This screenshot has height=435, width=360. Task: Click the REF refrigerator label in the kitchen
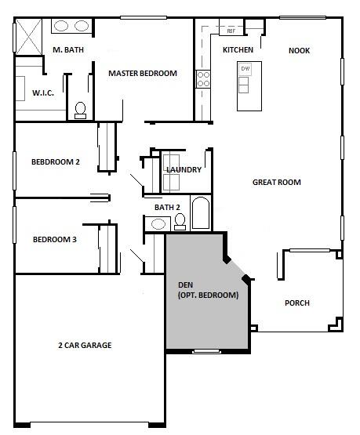[x=231, y=31]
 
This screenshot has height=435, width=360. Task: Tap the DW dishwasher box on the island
[x=245, y=68]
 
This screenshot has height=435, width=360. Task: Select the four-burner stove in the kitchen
[x=203, y=79]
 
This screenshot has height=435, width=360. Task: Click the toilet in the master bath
[x=81, y=111]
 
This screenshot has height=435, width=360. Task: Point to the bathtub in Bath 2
[x=201, y=212]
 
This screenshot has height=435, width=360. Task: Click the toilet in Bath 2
[x=180, y=222]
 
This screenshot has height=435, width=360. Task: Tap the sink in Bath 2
[x=158, y=224]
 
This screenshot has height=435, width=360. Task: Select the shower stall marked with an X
[x=28, y=37]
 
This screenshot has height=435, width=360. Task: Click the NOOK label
[x=299, y=50]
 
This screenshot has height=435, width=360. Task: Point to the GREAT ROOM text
[x=277, y=183]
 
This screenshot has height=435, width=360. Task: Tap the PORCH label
[x=297, y=303]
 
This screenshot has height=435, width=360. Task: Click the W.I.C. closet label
[x=43, y=92]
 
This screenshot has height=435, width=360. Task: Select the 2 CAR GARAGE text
[x=85, y=345]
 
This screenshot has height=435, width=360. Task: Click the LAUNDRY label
[x=184, y=169]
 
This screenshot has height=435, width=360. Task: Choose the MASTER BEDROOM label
[x=143, y=73]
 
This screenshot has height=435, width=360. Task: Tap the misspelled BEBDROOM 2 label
[x=56, y=161]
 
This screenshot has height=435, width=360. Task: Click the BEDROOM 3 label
[x=55, y=239]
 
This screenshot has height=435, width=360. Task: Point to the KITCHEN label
[x=238, y=50]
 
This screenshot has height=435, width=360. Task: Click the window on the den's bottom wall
[x=207, y=351]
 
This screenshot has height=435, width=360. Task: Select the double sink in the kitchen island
[x=243, y=85]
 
